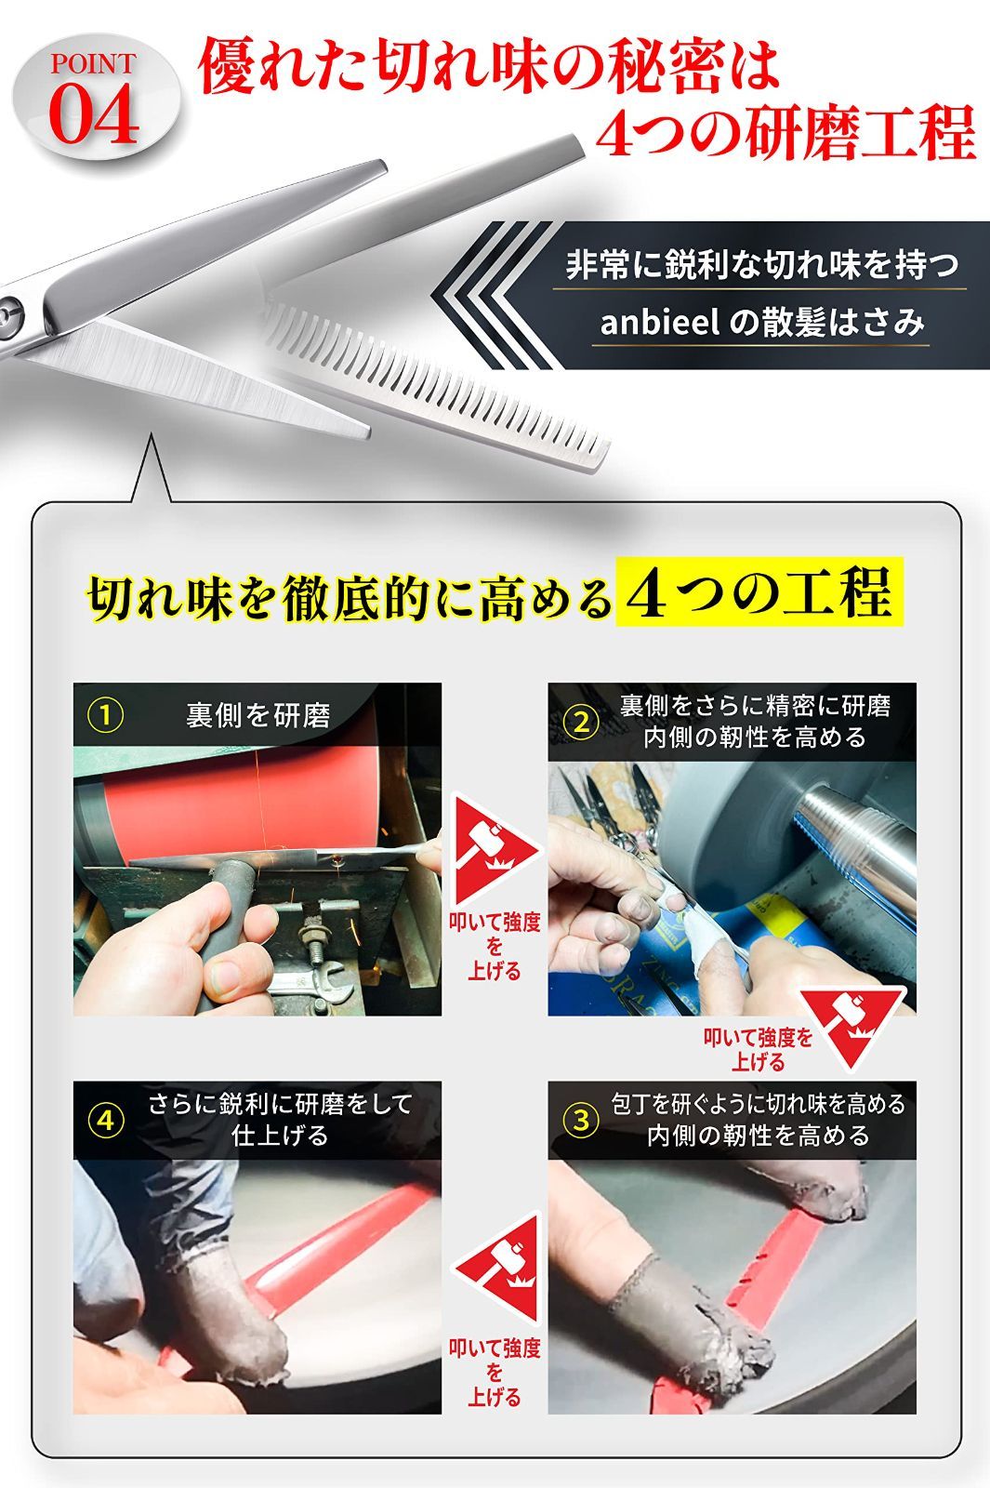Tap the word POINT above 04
click(93, 64)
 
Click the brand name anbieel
click(659, 323)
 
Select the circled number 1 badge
click(106, 715)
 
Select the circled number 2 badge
click(582, 723)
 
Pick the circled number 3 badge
click(582, 1121)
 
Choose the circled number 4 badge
click(108, 1121)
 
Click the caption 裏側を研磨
click(257, 715)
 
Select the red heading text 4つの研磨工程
click(784, 135)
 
